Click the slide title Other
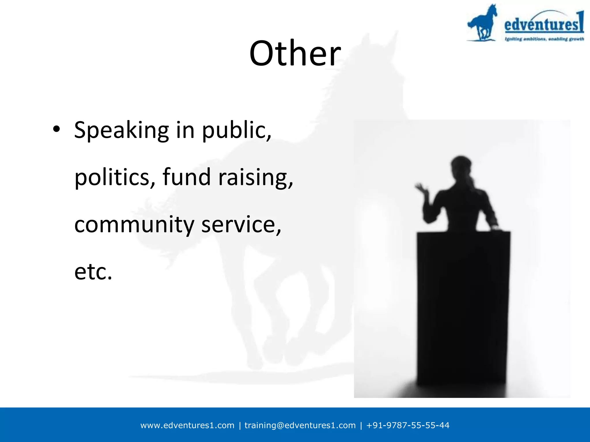tap(295, 54)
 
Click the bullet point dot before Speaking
tap(56, 129)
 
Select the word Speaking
tap(121, 130)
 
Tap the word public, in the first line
tap(236, 130)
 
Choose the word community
tap(134, 225)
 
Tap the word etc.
tap(93, 272)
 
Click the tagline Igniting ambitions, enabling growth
tap(544, 39)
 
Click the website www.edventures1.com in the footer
tap(187, 425)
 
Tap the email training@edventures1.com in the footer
tap(300, 425)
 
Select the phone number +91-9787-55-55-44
tap(407, 425)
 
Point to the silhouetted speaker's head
tap(461, 165)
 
